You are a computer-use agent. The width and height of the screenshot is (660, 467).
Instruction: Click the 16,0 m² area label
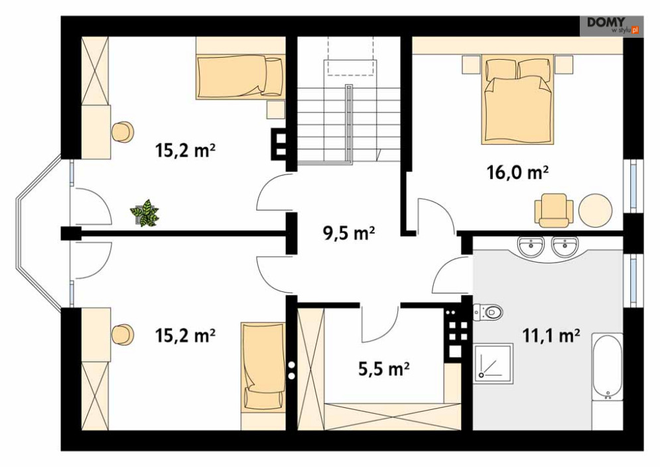517,172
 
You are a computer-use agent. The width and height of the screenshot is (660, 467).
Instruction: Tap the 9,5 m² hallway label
349,233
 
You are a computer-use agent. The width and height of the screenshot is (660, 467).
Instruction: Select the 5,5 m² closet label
384,369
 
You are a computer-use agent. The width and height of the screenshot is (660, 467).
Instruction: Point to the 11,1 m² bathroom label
551,336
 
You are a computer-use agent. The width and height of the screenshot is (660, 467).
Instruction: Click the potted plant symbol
145,214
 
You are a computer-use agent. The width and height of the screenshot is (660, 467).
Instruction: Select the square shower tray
494,364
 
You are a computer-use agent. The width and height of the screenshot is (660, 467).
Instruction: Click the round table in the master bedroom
595,210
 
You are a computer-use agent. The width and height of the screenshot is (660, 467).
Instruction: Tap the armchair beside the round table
553,210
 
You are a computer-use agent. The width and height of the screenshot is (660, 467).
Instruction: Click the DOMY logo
612,26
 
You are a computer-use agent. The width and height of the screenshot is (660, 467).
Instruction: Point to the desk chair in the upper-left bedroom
123,132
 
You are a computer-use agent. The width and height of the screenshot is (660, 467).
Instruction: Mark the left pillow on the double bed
500,68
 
